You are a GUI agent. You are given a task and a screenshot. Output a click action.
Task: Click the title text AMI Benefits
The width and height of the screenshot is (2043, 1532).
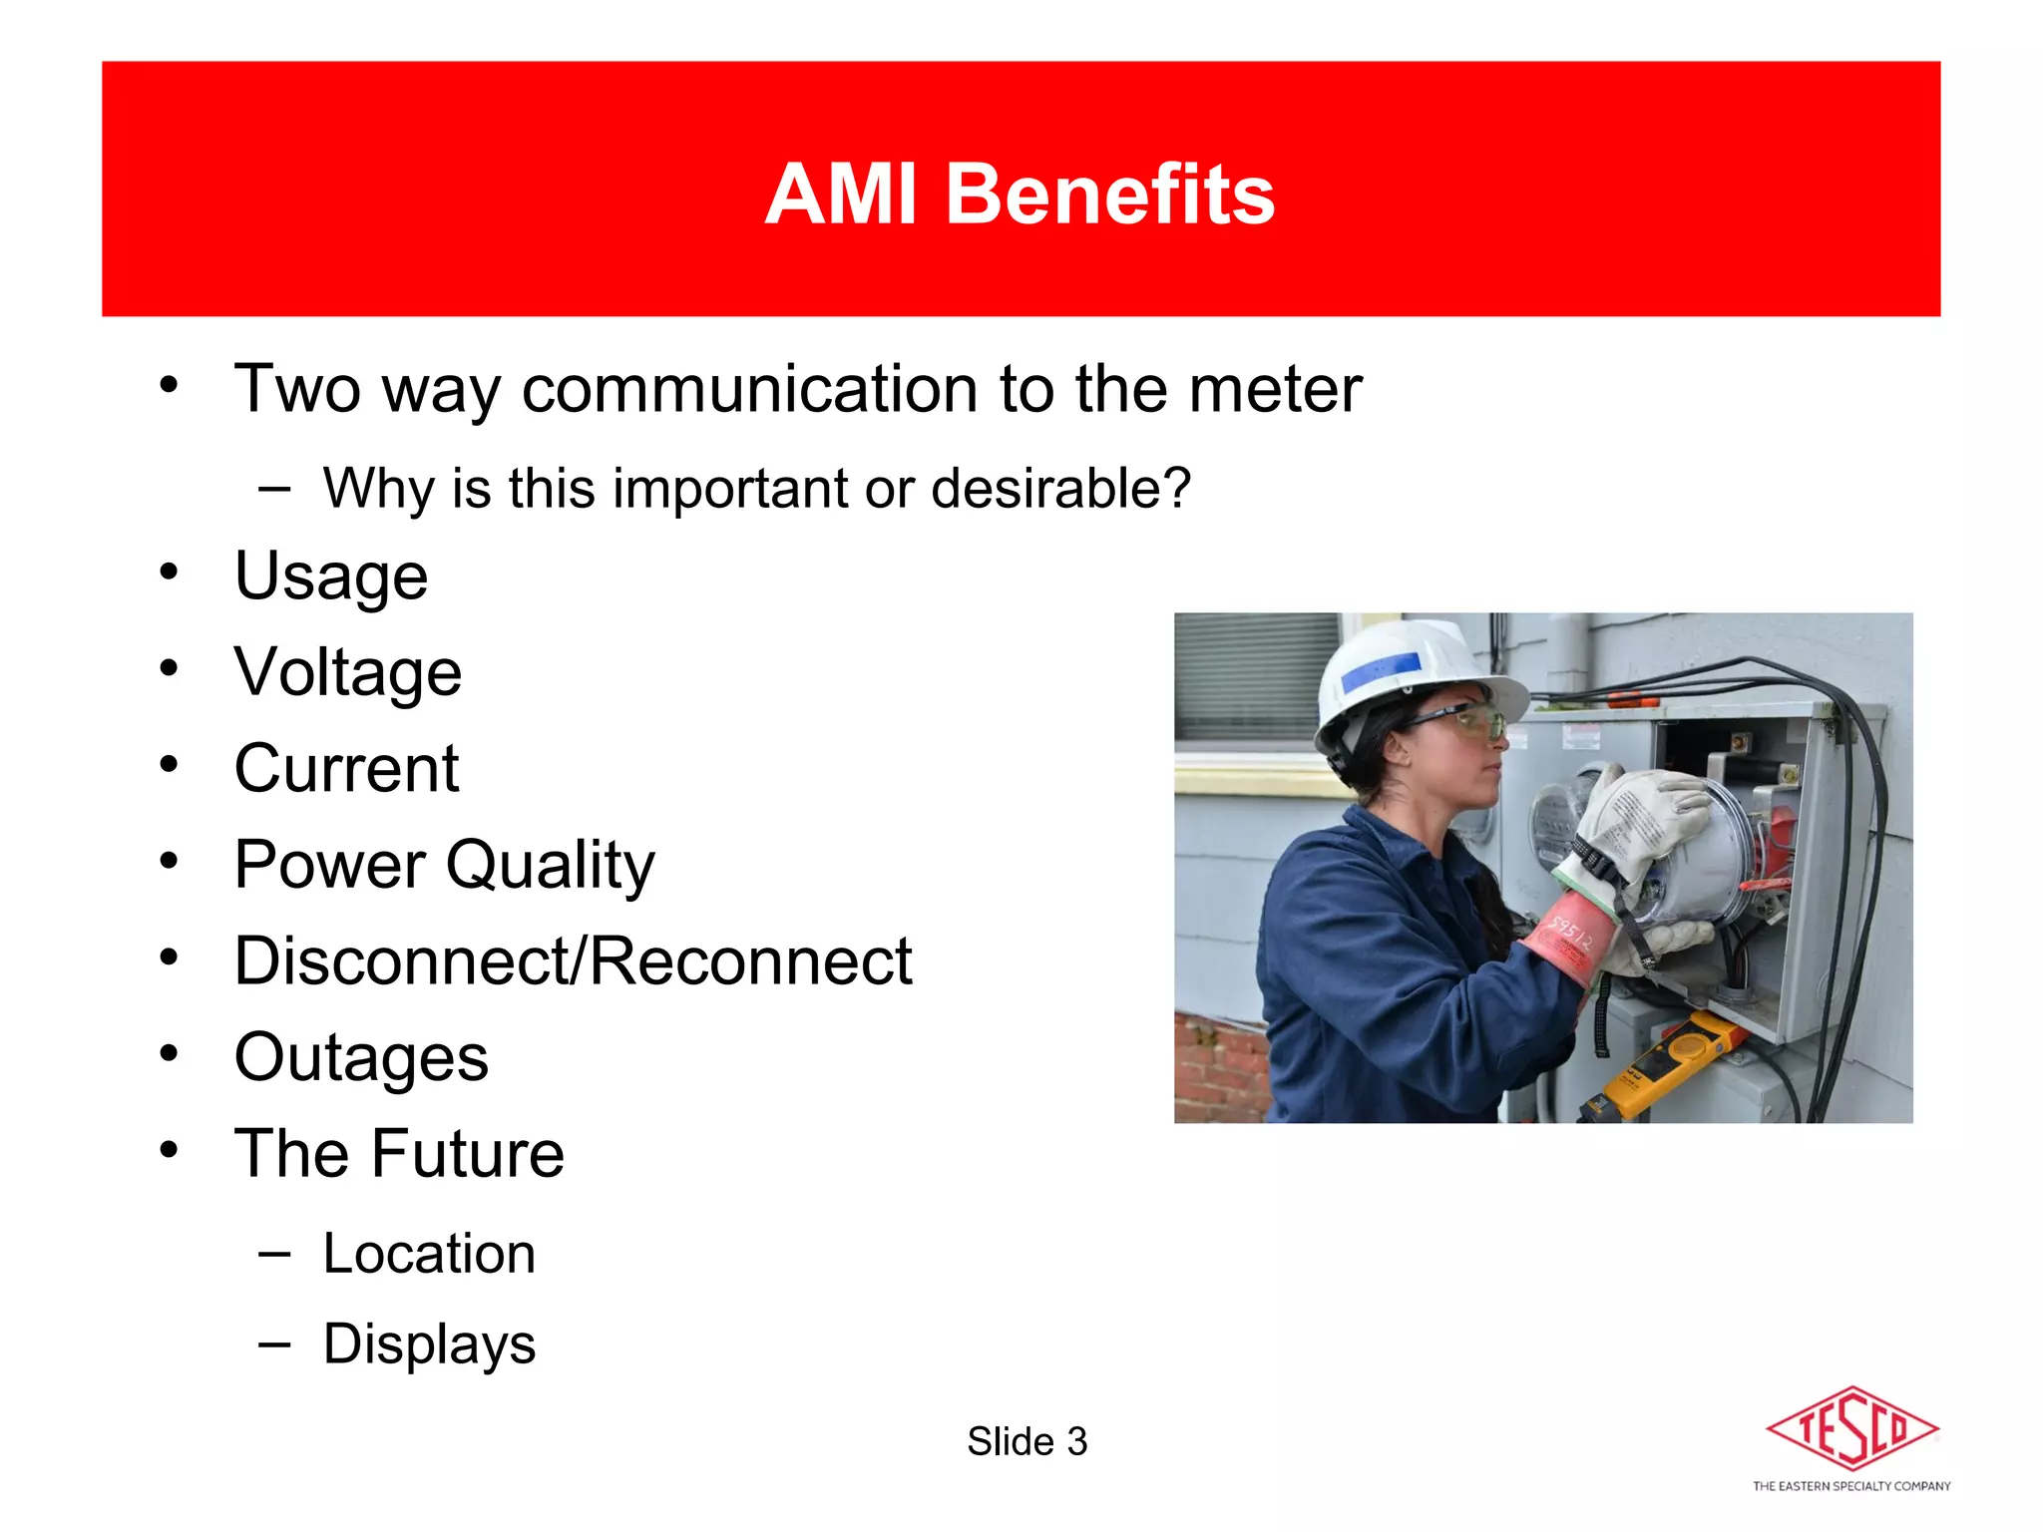point(1020,193)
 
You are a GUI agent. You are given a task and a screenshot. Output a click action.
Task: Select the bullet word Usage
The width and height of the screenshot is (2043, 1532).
point(331,577)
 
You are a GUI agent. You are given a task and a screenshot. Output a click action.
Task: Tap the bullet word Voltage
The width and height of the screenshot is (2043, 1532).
point(347,673)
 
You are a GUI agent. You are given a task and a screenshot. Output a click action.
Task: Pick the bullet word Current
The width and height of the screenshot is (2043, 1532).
point(346,769)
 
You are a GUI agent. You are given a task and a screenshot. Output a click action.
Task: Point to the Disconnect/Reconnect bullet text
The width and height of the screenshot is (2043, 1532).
point(573,961)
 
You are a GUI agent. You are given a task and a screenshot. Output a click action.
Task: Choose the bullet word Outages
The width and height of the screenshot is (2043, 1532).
point(361,1057)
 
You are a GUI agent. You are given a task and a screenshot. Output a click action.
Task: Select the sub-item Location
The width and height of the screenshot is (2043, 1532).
point(429,1254)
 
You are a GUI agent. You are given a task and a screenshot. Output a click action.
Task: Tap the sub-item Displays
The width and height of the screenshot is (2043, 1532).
point(429,1343)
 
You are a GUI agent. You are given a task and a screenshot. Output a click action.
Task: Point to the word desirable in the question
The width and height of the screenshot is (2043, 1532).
point(1059,489)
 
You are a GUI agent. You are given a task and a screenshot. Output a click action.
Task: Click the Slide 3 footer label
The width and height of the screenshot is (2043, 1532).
point(1026,1442)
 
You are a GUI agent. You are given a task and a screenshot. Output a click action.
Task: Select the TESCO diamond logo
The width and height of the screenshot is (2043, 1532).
point(1851,1428)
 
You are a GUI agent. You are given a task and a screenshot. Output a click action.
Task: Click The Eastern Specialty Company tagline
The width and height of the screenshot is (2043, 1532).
point(1851,1486)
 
